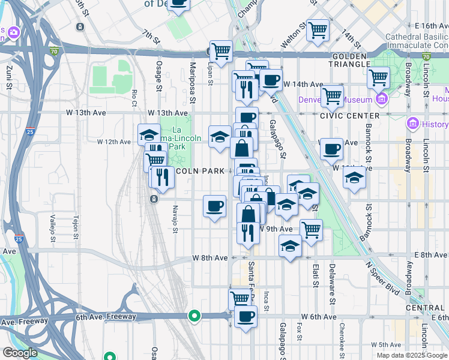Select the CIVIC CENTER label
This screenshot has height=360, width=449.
pyautogui.click(x=350, y=115)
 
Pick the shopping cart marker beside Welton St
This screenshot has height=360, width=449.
pyautogui.click(x=318, y=29)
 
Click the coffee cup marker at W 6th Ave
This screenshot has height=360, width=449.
pyautogui.click(x=245, y=316)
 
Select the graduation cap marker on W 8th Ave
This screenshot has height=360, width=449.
pyautogui.click(x=291, y=246)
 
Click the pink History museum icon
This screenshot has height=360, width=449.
pyautogui.click(x=412, y=124)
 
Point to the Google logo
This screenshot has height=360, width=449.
pyautogui.click(x=19, y=353)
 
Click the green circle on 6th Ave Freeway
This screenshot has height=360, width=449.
pyautogui.click(x=194, y=315)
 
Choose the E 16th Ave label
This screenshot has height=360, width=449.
pyautogui.click(x=431, y=26)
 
